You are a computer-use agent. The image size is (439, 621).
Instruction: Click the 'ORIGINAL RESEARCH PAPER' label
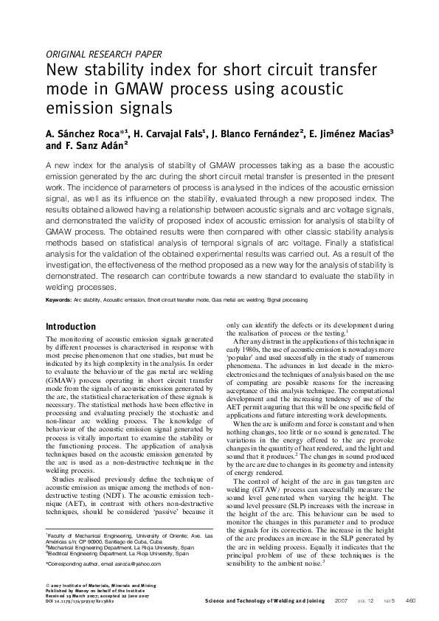point(104,54)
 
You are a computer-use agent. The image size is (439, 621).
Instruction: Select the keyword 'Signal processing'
point(288,301)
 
